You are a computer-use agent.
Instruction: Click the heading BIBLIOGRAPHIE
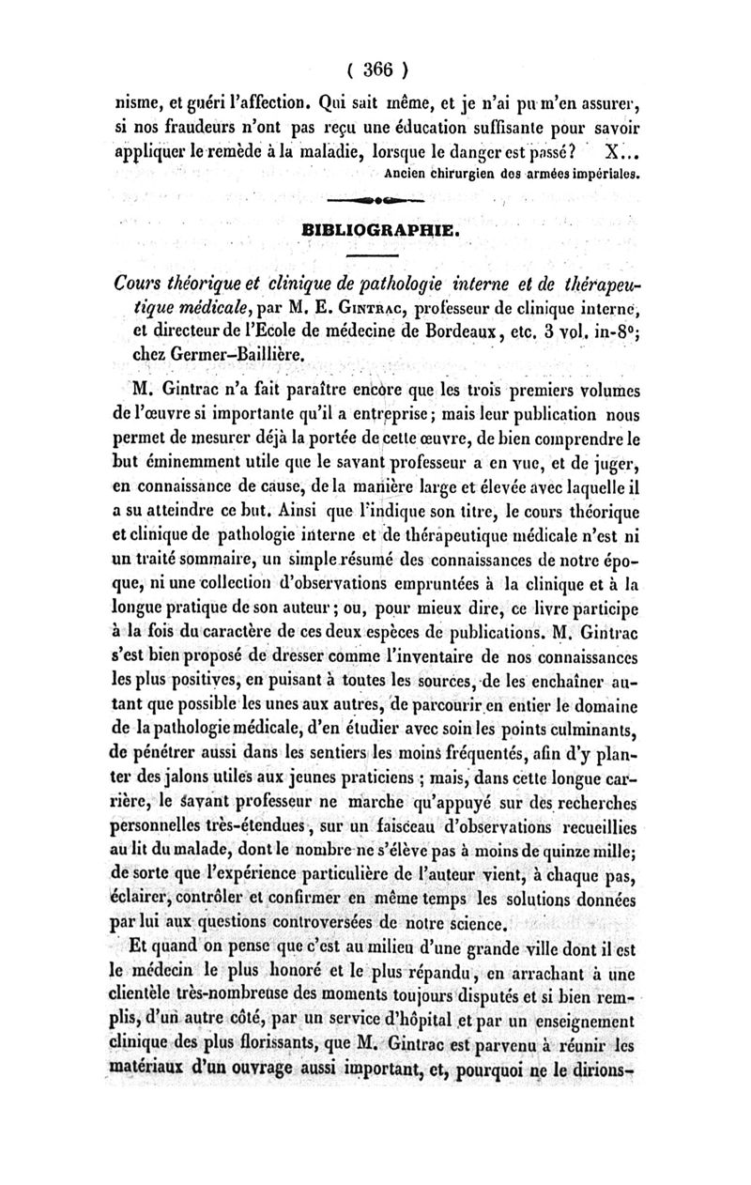tap(375, 228)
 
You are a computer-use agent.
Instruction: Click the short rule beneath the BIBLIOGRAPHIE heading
tap(375, 254)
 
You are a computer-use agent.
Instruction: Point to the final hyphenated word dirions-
tap(597, 1068)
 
